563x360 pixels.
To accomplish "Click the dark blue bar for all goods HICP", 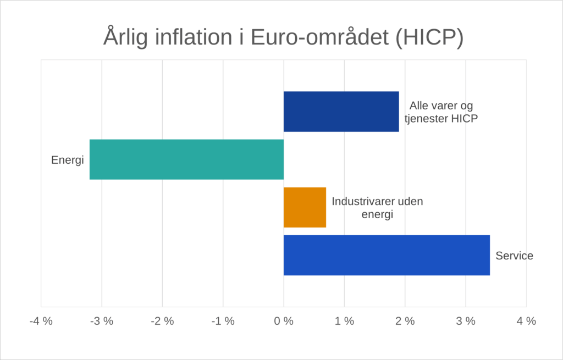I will point(341,112).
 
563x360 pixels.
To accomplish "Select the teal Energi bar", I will point(186,159).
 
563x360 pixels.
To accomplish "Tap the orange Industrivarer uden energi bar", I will point(305,207).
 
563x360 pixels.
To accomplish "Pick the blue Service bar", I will point(387,255).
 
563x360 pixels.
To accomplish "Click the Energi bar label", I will point(67,160).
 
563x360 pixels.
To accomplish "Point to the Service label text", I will point(514,256).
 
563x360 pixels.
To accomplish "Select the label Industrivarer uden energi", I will point(377,208).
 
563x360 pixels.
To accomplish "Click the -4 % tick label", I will point(41,322).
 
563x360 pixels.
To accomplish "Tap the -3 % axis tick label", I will point(102,322).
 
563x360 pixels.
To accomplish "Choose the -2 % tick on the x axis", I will point(162,322).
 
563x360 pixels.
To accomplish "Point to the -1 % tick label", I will point(223,322).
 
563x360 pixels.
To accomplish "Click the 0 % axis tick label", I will point(284,322).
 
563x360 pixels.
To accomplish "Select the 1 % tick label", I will point(344,322).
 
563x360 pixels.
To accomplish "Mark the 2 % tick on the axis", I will point(405,322).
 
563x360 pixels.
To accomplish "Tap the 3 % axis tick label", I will point(466,322).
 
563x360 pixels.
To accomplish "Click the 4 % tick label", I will point(526,322).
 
